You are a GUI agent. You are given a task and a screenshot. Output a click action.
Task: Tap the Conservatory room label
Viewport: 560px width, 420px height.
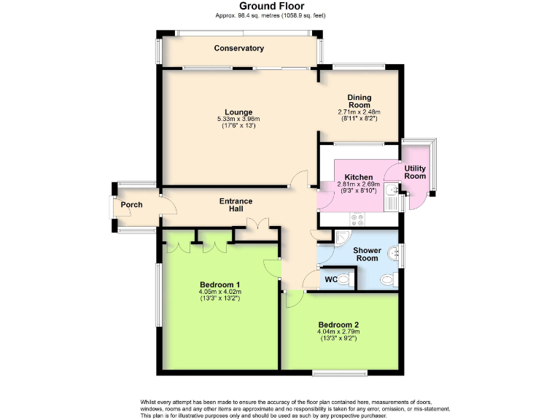(239, 48)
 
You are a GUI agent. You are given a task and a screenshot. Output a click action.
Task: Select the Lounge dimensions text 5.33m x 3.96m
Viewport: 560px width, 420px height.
(238, 120)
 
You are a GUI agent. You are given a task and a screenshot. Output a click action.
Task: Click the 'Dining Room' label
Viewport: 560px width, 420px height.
(359, 101)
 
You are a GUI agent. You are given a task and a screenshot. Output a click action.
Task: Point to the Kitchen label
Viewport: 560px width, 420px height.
(359, 177)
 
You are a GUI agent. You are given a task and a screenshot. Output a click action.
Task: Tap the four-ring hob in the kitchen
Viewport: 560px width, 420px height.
(358, 217)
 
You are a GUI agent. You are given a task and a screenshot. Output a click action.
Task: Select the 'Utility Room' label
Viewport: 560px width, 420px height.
(415, 172)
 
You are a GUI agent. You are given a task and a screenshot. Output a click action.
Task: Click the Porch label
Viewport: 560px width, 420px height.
(132, 204)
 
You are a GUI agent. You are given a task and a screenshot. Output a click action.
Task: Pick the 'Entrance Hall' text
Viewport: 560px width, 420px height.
(236, 205)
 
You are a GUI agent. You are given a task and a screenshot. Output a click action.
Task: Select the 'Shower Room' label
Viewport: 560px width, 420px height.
(367, 254)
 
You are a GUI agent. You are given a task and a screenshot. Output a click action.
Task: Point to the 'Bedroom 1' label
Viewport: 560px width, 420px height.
(219, 284)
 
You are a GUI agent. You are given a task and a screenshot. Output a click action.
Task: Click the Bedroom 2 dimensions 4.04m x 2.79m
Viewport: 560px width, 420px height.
(338, 332)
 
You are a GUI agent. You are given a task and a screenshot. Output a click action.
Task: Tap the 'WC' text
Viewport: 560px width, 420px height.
(330, 279)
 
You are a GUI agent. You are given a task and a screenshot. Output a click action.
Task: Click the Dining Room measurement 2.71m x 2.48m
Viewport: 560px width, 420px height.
(359, 112)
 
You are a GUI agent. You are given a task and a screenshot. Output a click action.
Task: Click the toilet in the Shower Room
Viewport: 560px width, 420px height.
(387, 279)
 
